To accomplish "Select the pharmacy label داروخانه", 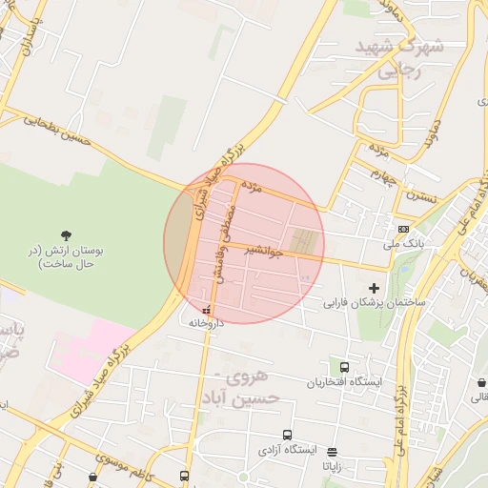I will click(x=208, y=322).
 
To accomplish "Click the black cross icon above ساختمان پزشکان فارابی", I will click(x=374, y=288).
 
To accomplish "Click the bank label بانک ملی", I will click(x=402, y=244).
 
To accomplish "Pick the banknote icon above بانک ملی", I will click(x=404, y=229).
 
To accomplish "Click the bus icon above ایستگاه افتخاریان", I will click(x=344, y=367).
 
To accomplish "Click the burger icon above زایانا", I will click(x=332, y=453).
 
